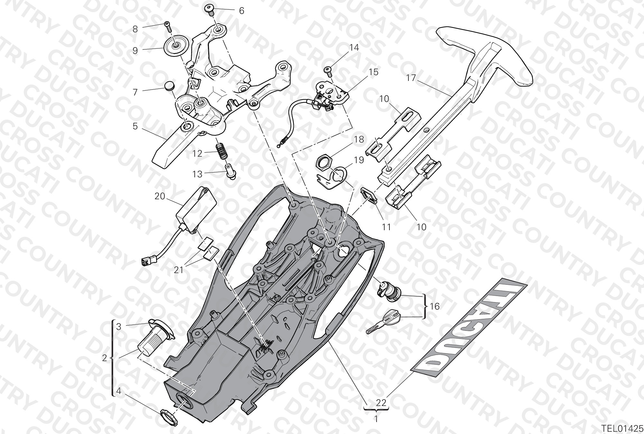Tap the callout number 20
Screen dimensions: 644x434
point(160,196)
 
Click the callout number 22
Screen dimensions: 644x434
point(381,402)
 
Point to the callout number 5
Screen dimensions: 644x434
point(135,126)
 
